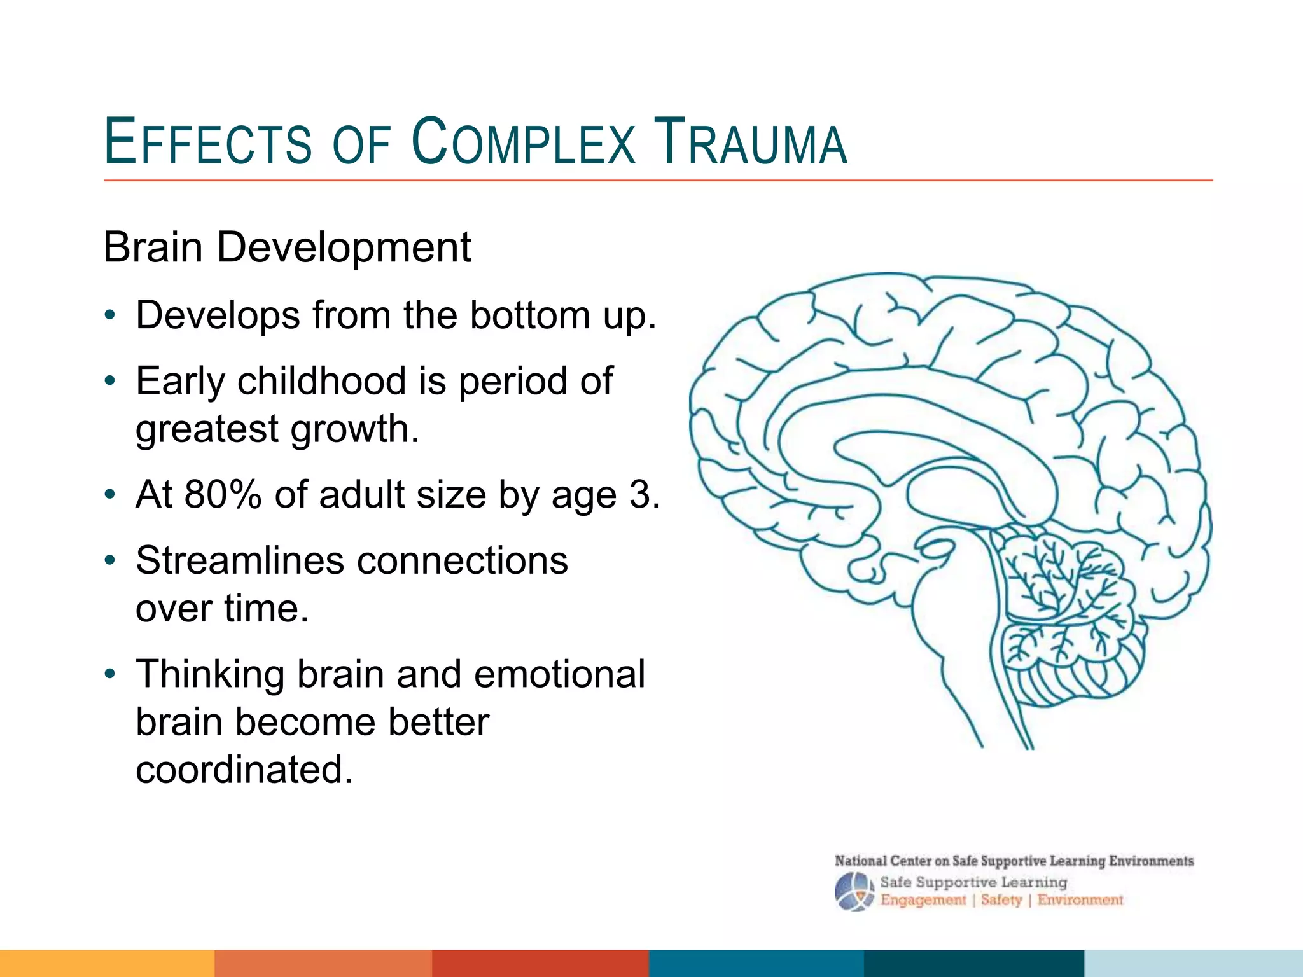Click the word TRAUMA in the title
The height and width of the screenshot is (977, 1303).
point(751,142)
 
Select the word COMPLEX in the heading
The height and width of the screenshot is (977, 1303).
point(523,142)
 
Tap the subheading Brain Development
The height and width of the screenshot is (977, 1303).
point(287,247)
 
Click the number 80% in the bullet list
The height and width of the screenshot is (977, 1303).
point(223,494)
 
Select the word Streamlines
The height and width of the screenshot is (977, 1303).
point(240,560)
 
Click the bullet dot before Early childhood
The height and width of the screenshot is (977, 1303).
point(110,382)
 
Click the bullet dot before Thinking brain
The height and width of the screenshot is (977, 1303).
point(110,674)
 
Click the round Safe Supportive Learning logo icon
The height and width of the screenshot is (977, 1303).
point(854,892)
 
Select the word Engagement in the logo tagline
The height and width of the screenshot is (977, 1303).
point(923,900)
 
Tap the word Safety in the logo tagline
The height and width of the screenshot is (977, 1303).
point(1001,900)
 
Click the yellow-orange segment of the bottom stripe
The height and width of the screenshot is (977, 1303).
point(107,963)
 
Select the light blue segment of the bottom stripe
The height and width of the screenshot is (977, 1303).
point(1194,963)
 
